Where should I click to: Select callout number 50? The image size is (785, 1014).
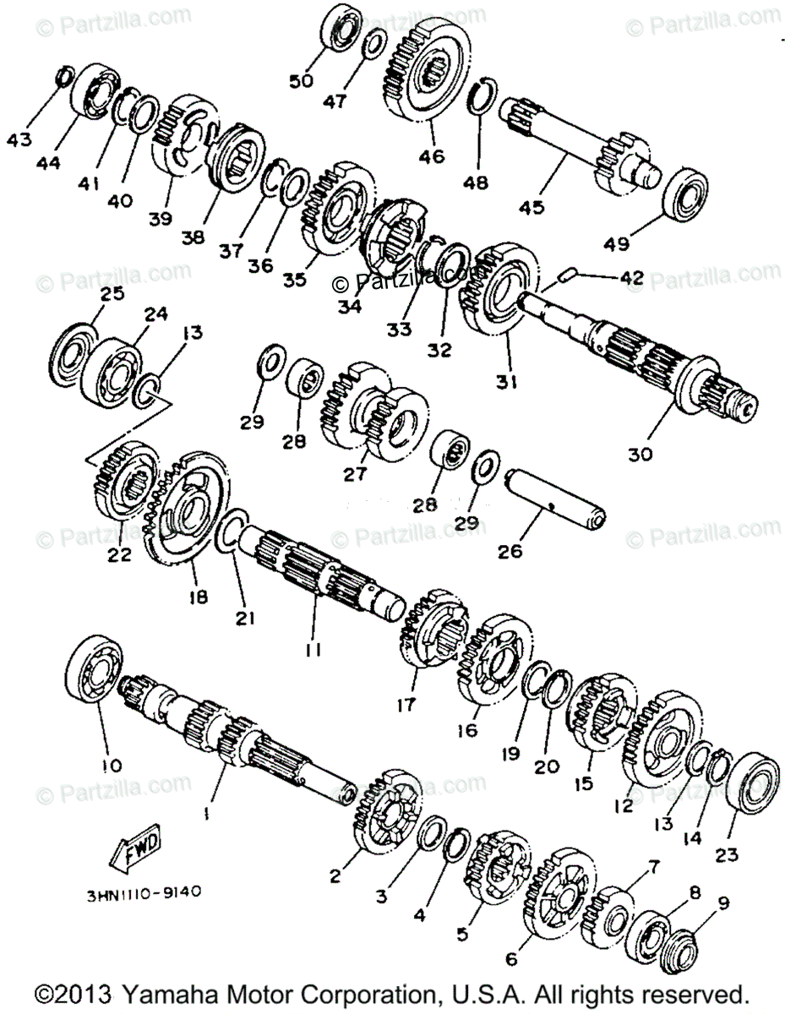(301, 81)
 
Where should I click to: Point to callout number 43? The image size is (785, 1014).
(19, 139)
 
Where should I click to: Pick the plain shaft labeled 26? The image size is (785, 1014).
(555, 499)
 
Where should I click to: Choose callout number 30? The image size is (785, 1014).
(640, 454)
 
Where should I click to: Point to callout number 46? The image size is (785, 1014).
(432, 155)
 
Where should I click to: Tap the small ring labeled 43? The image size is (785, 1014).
(65, 77)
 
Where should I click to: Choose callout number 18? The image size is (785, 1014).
(198, 597)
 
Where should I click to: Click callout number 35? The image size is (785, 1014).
(295, 280)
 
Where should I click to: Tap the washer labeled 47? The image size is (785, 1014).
(375, 44)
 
